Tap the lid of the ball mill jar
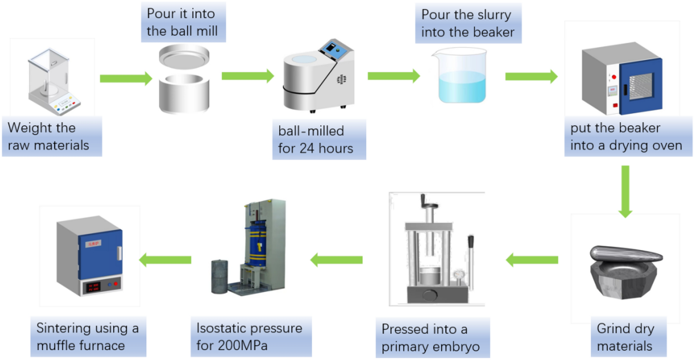(184, 57)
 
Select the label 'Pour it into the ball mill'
(183, 22)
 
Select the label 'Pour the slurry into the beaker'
(468, 24)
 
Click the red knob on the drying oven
(614, 77)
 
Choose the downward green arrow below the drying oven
(625, 192)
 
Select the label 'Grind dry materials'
(628, 337)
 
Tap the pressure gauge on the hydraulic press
(458, 275)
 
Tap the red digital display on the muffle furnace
(93, 287)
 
